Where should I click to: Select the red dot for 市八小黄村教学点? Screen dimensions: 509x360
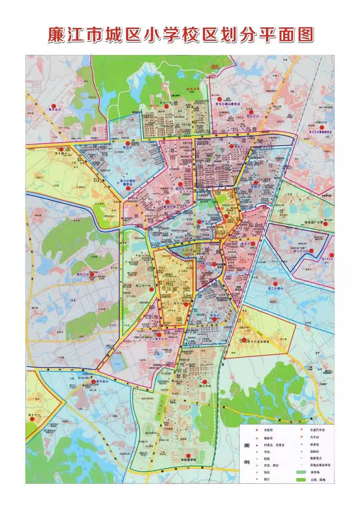(x=128, y=188)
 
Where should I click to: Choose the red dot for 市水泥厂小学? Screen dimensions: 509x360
(x=327, y=223)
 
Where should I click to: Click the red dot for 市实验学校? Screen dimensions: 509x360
(x=188, y=456)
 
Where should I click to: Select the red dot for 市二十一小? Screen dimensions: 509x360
(x=152, y=290)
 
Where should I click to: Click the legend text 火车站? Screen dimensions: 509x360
(x=315, y=437)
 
